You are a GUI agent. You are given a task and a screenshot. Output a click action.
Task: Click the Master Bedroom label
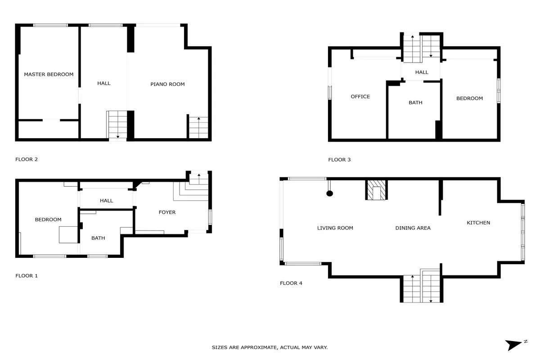coord(49,74)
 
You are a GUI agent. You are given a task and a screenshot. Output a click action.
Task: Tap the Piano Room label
coord(167,84)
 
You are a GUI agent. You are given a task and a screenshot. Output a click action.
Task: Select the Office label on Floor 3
coord(360,96)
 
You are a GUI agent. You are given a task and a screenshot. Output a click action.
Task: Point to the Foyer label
coord(167,212)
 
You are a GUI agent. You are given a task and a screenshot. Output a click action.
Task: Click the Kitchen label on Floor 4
coord(478,223)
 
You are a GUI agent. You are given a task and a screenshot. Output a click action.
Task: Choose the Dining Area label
coord(413,228)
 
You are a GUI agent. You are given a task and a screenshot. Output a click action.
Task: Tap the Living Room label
coord(335,228)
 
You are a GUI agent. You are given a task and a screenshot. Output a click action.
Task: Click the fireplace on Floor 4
coord(376,190)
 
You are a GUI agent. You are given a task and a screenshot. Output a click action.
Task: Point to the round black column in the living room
coord(329,193)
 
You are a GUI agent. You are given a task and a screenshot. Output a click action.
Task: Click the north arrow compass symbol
coord(515,345)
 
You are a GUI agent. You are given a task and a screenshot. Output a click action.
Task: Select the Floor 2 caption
coord(27,159)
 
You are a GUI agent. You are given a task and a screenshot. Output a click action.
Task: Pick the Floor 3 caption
coord(339,160)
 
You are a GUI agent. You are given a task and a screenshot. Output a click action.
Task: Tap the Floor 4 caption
coord(291,283)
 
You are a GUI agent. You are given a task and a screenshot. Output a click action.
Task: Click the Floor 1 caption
coord(27,275)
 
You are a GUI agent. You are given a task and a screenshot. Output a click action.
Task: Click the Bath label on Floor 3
coord(415,103)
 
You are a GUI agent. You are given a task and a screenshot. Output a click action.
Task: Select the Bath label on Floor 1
coord(98,238)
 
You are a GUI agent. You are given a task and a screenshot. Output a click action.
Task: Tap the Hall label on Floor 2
coord(104,83)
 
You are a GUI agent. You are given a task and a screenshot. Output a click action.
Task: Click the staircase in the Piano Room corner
coord(198,127)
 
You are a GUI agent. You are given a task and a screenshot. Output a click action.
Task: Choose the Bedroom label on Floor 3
coord(470,98)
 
